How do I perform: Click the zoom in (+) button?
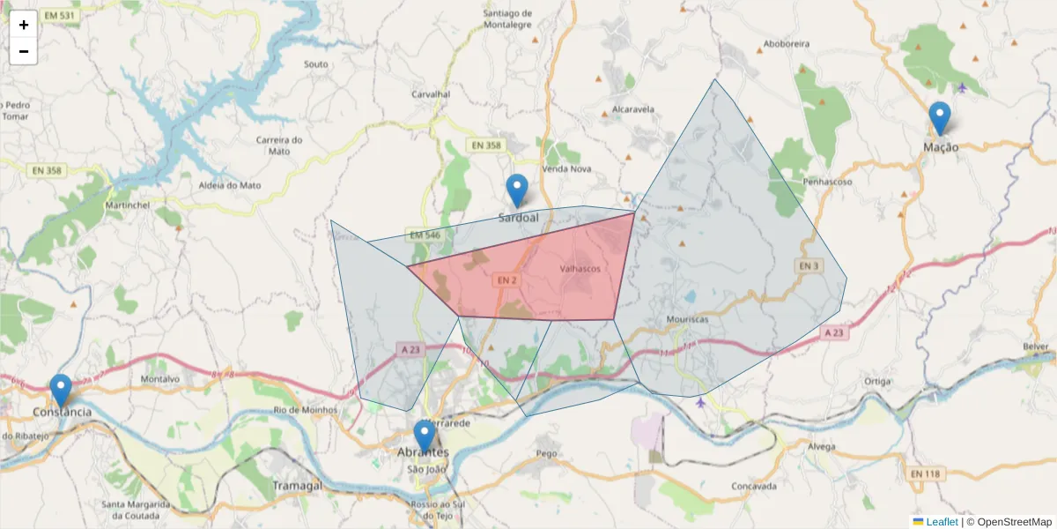pyautogui.click(x=24, y=25)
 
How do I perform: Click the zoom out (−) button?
pyautogui.click(x=24, y=51)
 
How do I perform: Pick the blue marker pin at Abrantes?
pyautogui.click(x=425, y=436)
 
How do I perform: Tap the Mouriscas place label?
pyautogui.click(x=687, y=319)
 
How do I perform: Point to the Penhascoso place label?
pyautogui.click(x=828, y=182)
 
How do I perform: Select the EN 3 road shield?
pyautogui.click(x=809, y=265)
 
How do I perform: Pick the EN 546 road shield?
pyautogui.click(x=425, y=235)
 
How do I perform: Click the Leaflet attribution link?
pyautogui.click(x=941, y=522)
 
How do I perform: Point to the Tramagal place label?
pyautogui.click(x=297, y=486)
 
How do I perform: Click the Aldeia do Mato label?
pyautogui.click(x=232, y=185)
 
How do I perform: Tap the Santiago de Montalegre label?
pyautogui.click(x=521, y=19)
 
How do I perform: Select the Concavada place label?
pyautogui.click(x=754, y=486)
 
